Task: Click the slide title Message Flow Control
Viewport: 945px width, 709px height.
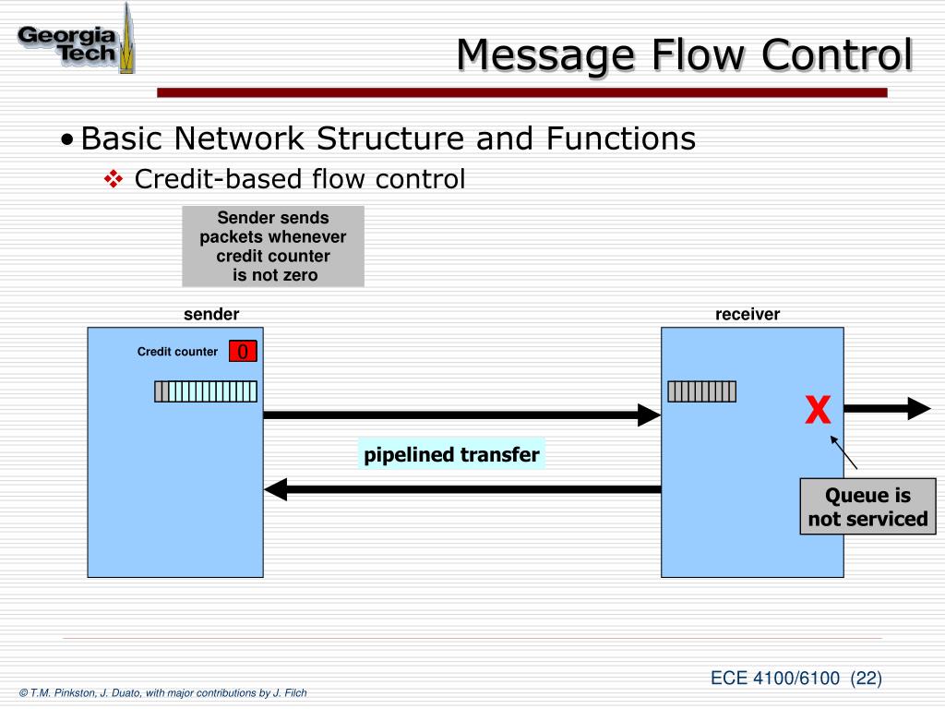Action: [684, 54]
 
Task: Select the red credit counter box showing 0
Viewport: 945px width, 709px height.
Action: [243, 352]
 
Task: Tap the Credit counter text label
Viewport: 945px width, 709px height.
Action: [177, 352]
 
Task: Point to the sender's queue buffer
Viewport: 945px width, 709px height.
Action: [205, 391]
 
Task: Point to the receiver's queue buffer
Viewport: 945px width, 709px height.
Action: [701, 391]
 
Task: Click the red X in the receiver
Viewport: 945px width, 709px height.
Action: [817, 410]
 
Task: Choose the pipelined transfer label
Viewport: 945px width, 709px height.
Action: [451, 454]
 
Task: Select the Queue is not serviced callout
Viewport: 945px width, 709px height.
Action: [867, 507]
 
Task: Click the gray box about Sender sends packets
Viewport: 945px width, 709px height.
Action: [273, 246]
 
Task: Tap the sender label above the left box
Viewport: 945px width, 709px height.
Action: [211, 314]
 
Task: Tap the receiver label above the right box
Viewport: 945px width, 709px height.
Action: [747, 314]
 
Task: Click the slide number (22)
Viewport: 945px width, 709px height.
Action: [867, 679]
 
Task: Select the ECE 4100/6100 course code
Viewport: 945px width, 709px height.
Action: [775, 679]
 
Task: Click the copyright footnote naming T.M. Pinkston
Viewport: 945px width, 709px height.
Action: [162, 693]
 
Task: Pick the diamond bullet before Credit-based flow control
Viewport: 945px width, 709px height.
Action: [114, 178]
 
